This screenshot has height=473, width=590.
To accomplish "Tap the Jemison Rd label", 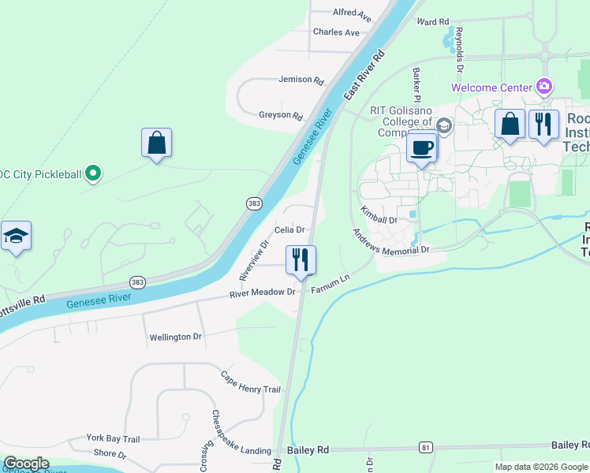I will tap(301, 80).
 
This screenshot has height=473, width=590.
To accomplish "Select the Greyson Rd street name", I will tap(281, 116).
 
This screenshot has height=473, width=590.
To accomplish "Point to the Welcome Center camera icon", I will tap(543, 86).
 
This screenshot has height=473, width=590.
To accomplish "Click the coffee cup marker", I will tap(422, 147).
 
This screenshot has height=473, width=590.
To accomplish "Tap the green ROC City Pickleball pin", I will tap(93, 173).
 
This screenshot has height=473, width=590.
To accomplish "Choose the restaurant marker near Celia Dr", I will tap(301, 259).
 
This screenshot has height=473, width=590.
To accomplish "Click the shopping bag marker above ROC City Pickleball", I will tap(157, 143).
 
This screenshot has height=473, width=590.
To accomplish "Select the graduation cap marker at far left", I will tap(16, 236).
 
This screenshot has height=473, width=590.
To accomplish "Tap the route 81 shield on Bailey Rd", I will tap(426, 448).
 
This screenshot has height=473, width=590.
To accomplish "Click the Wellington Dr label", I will tap(176, 337).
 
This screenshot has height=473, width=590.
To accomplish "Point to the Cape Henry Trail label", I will tap(250, 383).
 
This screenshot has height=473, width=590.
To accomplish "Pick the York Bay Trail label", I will tap(113, 439).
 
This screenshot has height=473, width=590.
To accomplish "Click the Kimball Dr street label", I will tap(379, 215).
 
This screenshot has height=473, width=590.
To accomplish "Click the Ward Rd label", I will tap(432, 22).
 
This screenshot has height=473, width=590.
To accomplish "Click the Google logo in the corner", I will tap(26, 464).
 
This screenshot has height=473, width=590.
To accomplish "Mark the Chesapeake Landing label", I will tap(245, 451).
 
